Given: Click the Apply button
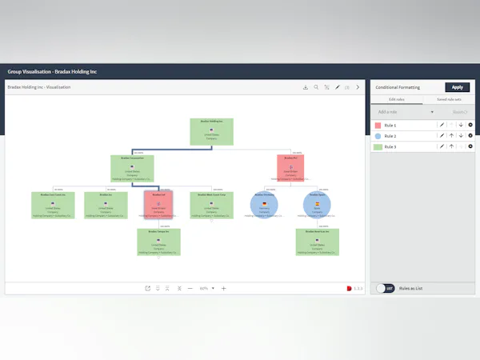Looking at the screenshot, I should point(457,87).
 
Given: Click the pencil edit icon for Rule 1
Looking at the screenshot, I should point(441,125).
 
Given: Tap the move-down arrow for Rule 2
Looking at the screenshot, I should point(461,136).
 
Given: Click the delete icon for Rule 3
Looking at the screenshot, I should point(470,146).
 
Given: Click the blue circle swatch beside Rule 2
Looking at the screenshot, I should point(378,136).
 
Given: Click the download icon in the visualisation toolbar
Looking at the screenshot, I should point(306,87).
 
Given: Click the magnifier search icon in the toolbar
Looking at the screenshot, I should point(316,87).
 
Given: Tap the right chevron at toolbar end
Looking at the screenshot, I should point(358,87).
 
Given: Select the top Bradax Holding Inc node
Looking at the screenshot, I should point(211,131).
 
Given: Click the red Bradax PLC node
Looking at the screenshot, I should point(291,168).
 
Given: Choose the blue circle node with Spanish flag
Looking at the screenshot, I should point(317,206).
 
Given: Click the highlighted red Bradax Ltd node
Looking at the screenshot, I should point(158,205).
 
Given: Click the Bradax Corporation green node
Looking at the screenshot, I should point(132,168).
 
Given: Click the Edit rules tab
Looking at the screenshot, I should point(397,99).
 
